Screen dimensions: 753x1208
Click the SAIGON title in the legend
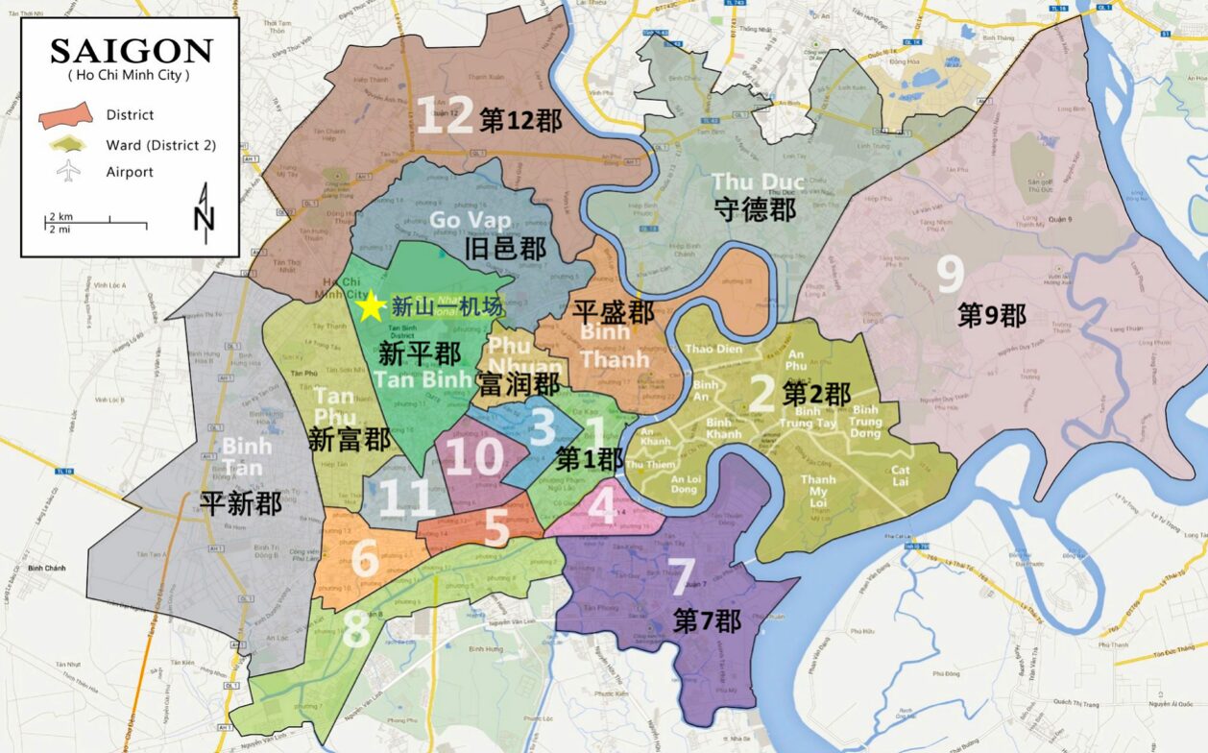click(x=131, y=51)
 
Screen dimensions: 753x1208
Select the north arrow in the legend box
click(x=204, y=213)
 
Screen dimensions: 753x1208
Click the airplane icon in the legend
click(x=68, y=172)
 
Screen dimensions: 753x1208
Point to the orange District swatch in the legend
click(x=65, y=115)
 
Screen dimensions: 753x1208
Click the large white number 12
click(x=444, y=116)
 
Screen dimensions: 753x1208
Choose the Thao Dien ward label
click(x=714, y=349)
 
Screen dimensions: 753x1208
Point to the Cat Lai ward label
click(x=900, y=475)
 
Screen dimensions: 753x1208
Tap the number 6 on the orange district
click(x=365, y=559)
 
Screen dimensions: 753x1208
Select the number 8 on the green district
click(x=354, y=631)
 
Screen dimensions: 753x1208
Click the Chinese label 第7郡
click(x=707, y=620)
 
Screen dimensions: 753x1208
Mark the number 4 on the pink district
click(x=602, y=505)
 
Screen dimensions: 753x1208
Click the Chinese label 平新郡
click(x=241, y=502)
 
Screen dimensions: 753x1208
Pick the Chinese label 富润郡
click(x=519, y=385)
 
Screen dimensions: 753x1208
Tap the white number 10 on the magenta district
click(x=474, y=457)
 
